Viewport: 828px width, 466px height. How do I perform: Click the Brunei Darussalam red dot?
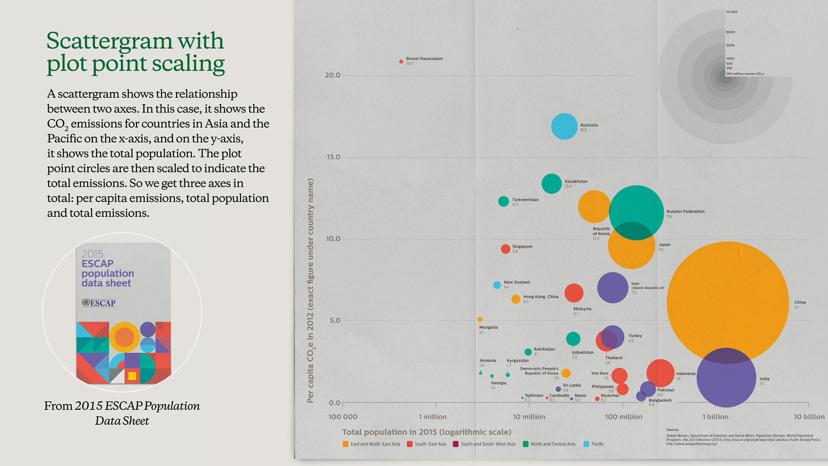pyautogui.click(x=401, y=62)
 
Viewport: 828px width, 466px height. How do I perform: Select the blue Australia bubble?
pyautogui.click(x=564, y=126)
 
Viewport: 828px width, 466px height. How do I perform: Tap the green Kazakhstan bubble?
pyautogui.click(x=551, y=184)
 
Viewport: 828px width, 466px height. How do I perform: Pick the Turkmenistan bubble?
pyautogui.click(x=503, y=201)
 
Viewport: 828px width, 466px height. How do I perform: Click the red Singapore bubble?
pyautogui.click(x=505, y=249)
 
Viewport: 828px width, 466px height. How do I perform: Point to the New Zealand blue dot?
pyautogui.click(x=497, y=285)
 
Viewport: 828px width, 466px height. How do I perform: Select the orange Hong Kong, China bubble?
pyautogui.click(x=515, y=299)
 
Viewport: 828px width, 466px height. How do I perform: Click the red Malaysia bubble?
pyautogui.click(x=574, y=293)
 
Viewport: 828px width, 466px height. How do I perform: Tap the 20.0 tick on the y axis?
pyautogui.click(x=332, y=75)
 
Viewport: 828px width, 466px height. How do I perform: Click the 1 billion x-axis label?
pyautogui.click(x=715, y=417)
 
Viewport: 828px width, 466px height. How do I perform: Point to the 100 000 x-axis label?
pyautogui.click(x=343, y=417)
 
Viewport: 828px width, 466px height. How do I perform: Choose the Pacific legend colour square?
pyautogui.click(x=586, y=444)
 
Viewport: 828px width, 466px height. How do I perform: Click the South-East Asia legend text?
pyautogui.click(x=430, y=444)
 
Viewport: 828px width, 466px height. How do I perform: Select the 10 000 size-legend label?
pyautogui.click(x=731, y=12)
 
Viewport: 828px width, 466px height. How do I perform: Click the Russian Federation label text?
pyautogui.click(x=685, y=211)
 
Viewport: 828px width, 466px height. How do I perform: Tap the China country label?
pyautogui.click(x=800, y=302)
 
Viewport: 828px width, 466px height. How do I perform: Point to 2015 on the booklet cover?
pyautogui.click(x=92, y=254)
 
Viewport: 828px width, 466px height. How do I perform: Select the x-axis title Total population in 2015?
pyautogui.click(x=426, y=432)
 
